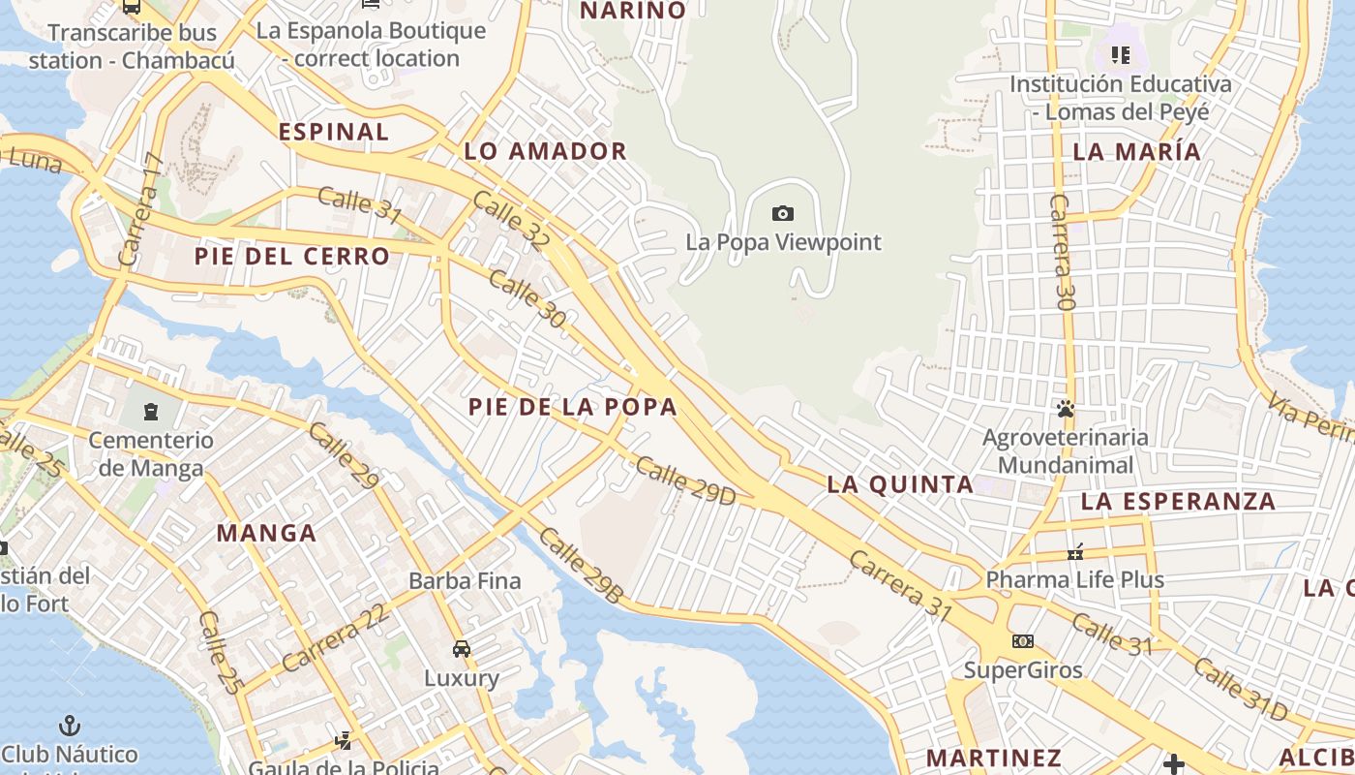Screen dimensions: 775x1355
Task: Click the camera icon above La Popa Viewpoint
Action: point(783,213)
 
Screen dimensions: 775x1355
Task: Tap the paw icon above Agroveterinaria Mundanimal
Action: point(1066,409)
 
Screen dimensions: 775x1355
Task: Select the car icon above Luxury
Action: point(462,648)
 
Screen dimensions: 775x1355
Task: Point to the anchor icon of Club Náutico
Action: point(70,725)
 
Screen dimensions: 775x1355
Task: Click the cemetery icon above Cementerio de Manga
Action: point(150,412)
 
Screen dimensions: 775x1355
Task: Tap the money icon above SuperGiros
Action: point(1023,641)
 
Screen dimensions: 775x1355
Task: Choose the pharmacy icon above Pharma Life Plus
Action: point(1074,552)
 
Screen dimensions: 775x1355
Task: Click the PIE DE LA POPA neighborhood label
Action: point(573,407)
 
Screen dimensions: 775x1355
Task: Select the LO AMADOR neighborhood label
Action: point(545,151)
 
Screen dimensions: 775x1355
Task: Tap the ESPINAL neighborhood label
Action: point(334,132)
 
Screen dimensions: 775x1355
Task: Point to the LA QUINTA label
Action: point(900,484)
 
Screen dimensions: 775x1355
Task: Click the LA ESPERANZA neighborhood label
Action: point(1178,501)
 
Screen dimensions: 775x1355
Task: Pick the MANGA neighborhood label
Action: point(266,533)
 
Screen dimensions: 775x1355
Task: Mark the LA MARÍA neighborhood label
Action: point(1136,151)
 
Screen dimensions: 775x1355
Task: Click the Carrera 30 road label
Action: point(1063,252)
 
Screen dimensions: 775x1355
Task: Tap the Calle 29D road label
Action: point(686,480)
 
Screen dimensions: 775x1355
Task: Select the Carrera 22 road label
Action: point(336,637)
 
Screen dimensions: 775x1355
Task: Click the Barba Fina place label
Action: point(465,581)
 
